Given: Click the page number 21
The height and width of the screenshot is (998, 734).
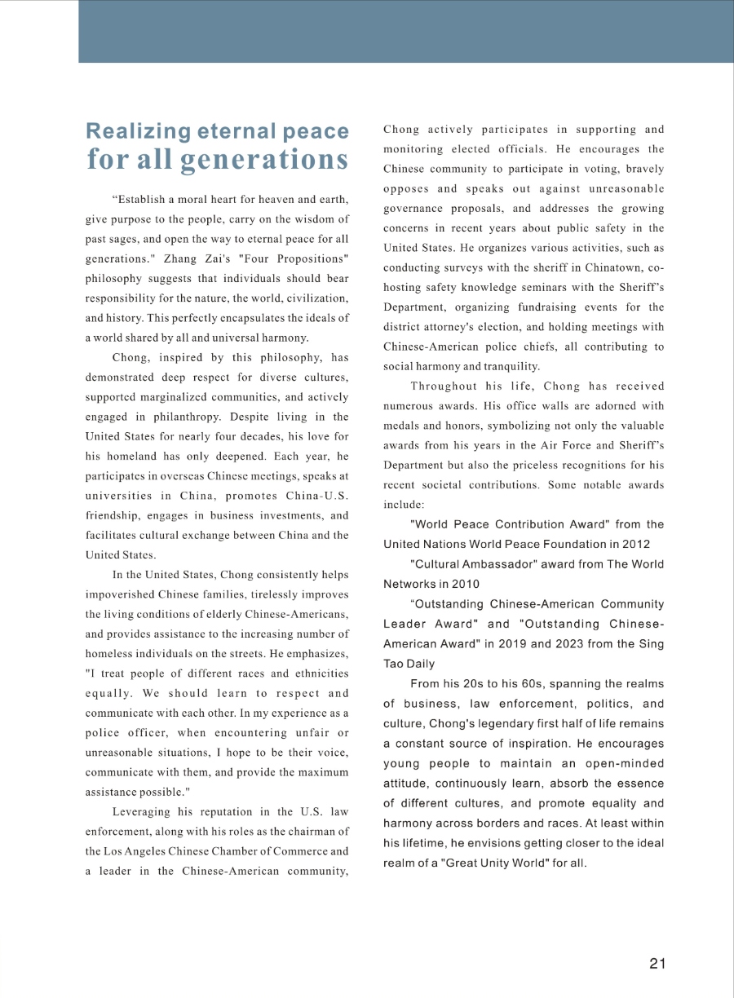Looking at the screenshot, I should pyautogui.click(x=657, y=964).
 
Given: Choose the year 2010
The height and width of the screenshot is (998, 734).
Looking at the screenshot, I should pyautogui.click(x=465, y=584).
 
